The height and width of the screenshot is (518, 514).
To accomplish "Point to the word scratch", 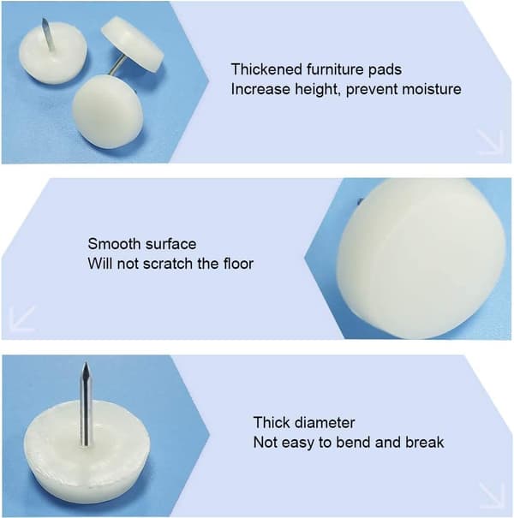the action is point(167,264).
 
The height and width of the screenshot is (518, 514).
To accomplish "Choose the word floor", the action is point(238,264).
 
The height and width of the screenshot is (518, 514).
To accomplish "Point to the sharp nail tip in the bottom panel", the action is point(86,364).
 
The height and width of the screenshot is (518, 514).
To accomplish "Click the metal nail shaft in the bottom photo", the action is point(86,405).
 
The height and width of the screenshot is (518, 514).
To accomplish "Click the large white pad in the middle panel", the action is point(422,258).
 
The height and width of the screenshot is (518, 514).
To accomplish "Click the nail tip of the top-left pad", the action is point(44,21).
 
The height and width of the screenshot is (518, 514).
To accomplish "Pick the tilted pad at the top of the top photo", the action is point(133,43).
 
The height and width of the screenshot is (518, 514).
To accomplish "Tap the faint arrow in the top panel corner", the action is point(490,142).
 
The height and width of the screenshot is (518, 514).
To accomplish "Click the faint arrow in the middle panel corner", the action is point(22,319).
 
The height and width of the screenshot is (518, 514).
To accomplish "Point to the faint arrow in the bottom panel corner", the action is point(492,496).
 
